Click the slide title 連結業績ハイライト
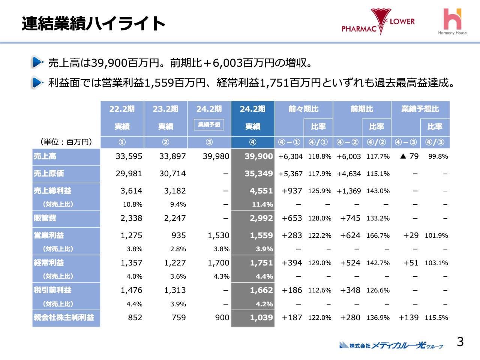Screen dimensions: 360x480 93,24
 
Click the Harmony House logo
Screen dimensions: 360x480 452,22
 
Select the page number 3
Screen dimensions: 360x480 460,342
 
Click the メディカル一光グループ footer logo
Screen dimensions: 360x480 391,345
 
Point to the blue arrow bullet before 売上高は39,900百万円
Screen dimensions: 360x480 37,62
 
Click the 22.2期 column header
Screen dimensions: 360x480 122,109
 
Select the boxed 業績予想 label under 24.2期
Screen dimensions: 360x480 209,125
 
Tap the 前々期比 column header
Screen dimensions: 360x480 303,109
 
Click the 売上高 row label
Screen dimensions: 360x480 45,156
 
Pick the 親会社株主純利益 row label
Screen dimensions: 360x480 64,318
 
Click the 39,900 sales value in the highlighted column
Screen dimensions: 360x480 258,156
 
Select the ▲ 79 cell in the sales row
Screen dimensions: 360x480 409,156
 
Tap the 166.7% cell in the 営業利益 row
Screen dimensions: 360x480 378,235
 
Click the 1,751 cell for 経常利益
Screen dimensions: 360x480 261,263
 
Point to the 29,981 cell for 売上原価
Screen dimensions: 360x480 129,174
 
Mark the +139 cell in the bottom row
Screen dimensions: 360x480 408,318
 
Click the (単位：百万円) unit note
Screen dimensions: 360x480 66,142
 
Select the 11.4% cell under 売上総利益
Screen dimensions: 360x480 262,204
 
